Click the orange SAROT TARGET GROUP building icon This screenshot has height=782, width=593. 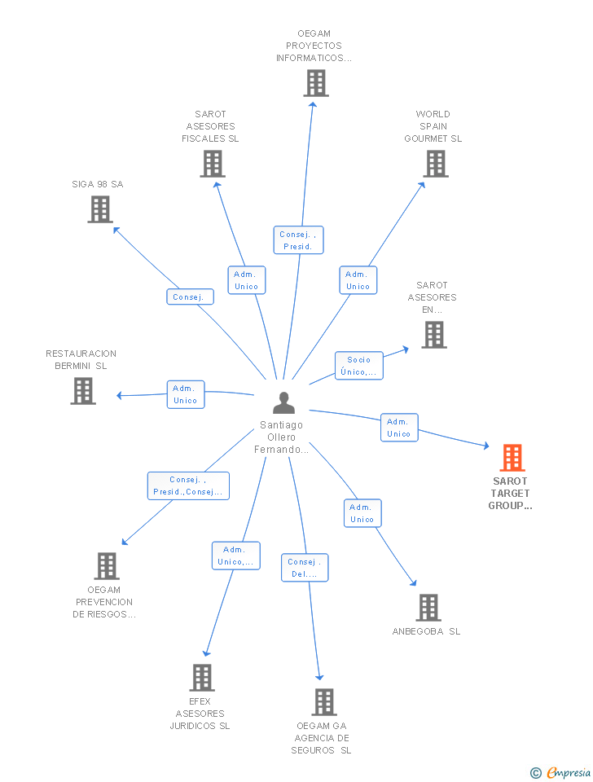512,458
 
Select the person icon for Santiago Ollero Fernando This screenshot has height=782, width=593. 283,403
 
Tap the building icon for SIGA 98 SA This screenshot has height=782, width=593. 99,209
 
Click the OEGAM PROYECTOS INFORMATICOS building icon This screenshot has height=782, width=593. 316,83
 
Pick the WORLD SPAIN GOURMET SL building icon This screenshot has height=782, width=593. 435,164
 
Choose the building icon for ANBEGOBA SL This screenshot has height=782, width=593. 428,608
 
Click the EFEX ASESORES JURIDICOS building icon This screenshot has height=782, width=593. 202,677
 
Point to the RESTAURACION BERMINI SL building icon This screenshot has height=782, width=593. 83,391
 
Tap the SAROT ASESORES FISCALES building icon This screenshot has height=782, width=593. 213,164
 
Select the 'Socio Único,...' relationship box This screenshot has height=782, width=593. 358,366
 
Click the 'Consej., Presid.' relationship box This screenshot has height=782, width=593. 298,240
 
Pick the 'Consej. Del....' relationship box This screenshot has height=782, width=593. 305,568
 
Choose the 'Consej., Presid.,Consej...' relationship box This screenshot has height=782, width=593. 188,485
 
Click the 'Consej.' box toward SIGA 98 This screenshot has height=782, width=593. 191,297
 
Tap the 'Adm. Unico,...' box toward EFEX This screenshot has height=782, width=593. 236,556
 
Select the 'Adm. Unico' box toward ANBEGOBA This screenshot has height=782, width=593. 362,513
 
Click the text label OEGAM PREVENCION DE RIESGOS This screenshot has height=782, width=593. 104,602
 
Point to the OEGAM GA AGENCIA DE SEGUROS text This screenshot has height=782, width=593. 321,738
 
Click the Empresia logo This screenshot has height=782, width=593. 561,772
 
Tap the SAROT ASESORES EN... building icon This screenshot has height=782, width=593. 433,335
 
